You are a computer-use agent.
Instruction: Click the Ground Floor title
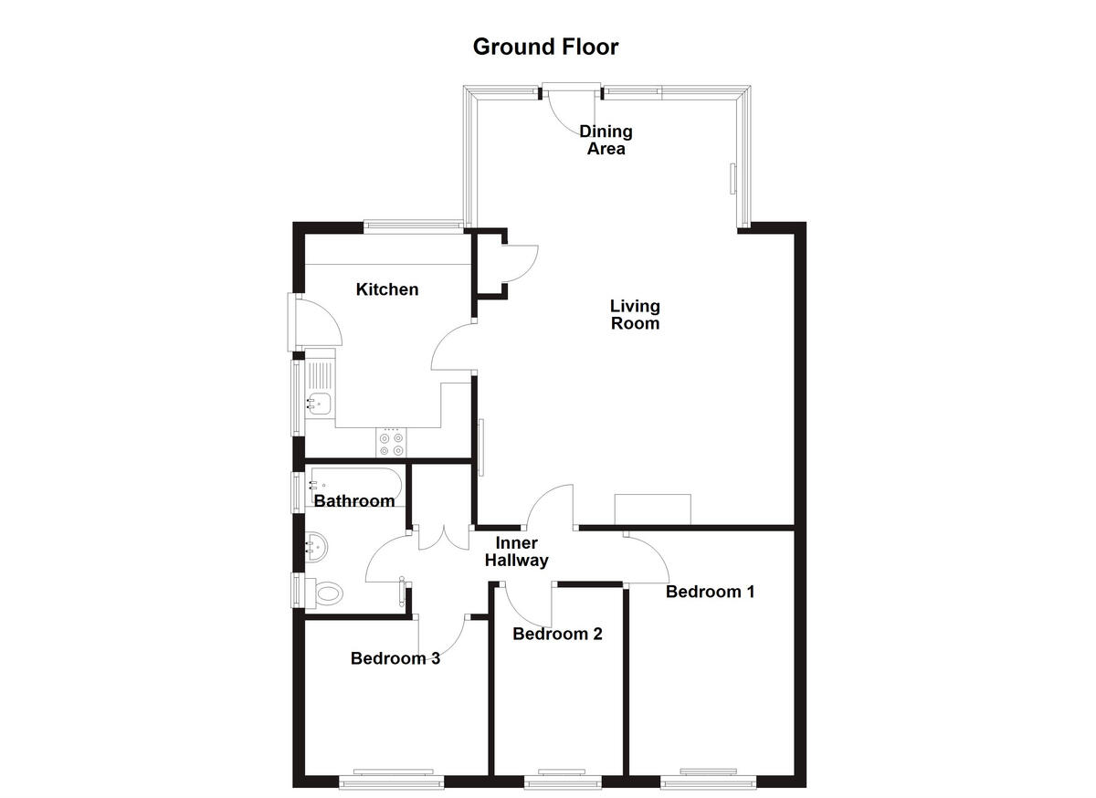tap(545, 47)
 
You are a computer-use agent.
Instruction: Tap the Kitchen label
tap(387, 289)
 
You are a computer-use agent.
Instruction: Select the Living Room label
tap(635, 314)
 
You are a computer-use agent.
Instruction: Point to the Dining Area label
tap(606, 140)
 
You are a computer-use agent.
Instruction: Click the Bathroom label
tap(354, 500)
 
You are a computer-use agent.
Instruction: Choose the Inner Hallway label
tap(516, 552)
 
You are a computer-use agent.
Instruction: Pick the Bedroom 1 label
tap(710, 591)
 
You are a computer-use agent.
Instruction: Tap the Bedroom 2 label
tap(557, 634)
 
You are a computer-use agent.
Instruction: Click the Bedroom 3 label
tap(395, 657)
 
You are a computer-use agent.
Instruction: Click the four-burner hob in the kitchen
tap(392, 443)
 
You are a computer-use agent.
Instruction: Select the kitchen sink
tap(319, 400)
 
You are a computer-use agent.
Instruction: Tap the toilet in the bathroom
tap(325, 593)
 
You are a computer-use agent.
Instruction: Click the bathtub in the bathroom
tap(356, 482)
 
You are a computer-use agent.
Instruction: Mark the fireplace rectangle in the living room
tap(653, 509)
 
